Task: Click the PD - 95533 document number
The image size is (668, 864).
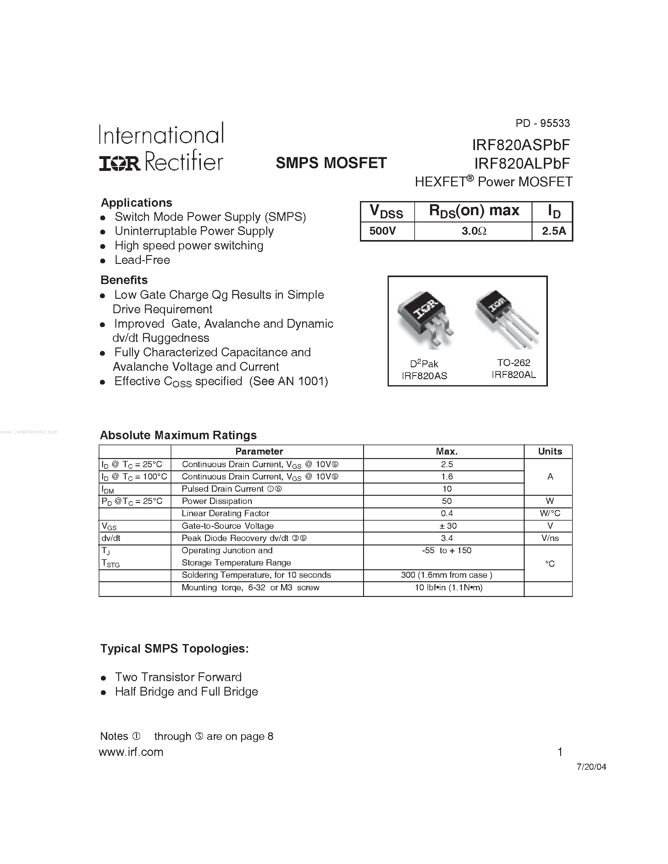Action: (x=542, y=123)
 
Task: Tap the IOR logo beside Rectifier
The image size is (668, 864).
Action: (x=119, y=163)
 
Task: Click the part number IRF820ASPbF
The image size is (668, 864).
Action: (x=521, y=145)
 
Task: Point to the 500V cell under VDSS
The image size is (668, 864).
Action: (x=382, y=231)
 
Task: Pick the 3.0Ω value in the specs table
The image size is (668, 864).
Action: (x=474, y=231)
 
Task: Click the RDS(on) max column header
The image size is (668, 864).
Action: (x=474, y=211)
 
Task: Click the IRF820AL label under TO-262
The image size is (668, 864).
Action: (x=514, y=375)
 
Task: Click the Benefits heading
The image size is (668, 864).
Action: (x=124, y=280)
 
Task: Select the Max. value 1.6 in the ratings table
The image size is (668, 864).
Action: (x=447, y=477)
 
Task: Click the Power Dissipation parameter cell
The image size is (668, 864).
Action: (x=217, y=501)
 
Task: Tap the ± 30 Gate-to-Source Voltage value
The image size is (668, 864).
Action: (x=447, y=526)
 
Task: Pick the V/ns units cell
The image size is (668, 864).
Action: (x=550, y=538)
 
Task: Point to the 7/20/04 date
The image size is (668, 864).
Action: (x=591, y=767)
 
